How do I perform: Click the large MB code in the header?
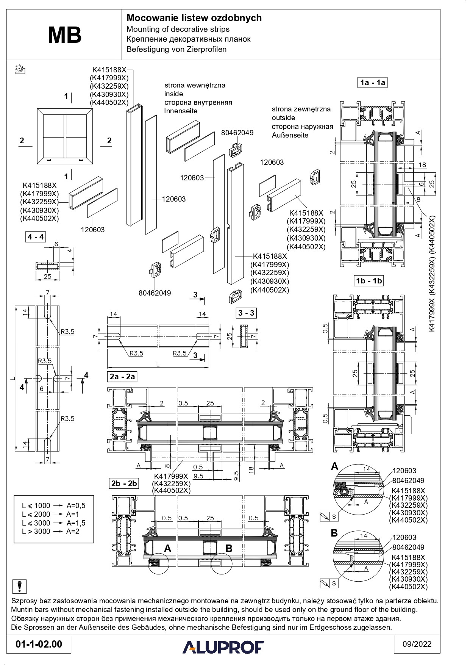[64, 35]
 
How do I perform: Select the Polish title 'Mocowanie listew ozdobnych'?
[194, 18]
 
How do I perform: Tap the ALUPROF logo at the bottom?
[223, 647]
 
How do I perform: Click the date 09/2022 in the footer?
[417, 644]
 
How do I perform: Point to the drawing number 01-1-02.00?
[39, 644]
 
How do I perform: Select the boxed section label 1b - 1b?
[369, 281]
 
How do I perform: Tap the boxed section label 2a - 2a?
[122, 377]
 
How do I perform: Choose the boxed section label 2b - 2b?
[123, 484]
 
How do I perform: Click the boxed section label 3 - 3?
[245, 313]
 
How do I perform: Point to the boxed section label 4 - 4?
[36, 237]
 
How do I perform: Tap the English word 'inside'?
[173, 94]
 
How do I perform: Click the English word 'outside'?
[283, 117]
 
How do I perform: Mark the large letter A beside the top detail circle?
[334, 466]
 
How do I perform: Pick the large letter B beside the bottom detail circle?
[334, 533]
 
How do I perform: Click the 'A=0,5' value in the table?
[76, 505]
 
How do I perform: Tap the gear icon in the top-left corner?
[20, 69]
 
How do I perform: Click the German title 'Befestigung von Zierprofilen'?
[176, 49]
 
